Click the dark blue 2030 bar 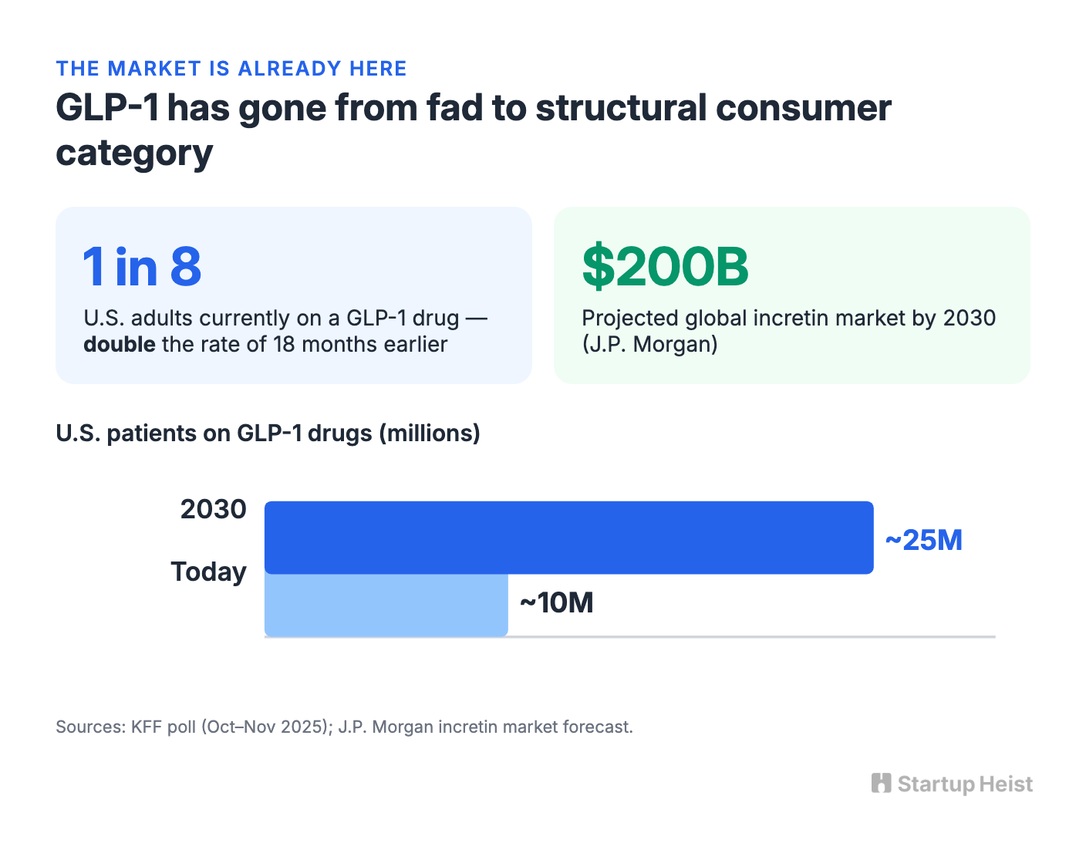[x=568, y=537]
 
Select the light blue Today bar [x=386, y=605]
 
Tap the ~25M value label [x=923, y=540]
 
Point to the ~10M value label [x=557, y=602]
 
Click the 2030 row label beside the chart [x=214, y=509]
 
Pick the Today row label [x=208, y=572]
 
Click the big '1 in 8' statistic [x=142, y=267]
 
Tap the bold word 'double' [x=120, y=344]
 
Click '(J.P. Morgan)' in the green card [x=649, y=345]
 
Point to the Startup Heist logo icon [x=881, y=783]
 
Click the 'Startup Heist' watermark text [x=965, y=784]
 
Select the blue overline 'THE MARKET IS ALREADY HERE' [x=231, y=69]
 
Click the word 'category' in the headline [x=134, y=153]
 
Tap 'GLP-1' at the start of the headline [x=107, y=107]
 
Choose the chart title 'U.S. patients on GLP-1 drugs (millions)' [x=268, y=433]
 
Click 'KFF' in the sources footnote [x=146, y=727]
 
